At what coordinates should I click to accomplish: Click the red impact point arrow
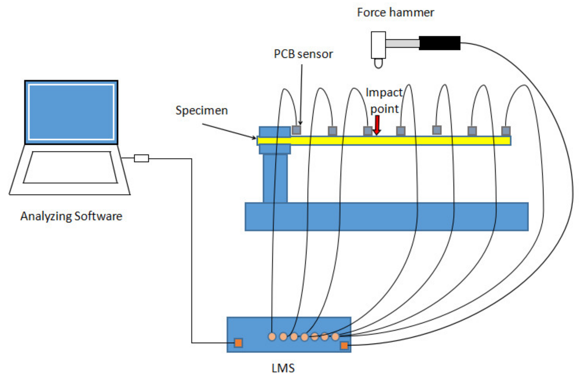[x=377, y=125]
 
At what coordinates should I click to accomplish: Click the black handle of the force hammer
[x=440, y=43]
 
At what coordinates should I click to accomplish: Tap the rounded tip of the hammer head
[x=378, y=63]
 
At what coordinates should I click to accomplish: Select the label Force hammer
[x=395, y=12]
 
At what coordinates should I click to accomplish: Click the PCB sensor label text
[x=303, y=54]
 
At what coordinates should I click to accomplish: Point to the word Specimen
[x=201, y=110]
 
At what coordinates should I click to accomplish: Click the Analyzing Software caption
[x=71, y=216]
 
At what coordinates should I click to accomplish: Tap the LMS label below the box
[x=283, y=368]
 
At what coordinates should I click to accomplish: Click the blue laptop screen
[x=71, y=112]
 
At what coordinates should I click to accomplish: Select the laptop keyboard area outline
[x=70, y=167]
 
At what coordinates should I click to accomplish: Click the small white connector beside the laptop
[x=141, y=158]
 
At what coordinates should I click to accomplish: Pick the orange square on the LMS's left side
[x=238, y=343]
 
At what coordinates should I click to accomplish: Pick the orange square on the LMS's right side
[x=344, y=345]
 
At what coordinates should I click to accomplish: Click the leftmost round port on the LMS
[x=272, y=337]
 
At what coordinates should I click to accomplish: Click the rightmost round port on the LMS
[x=335, y=337]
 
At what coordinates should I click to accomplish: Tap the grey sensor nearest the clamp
[x=296, y=130]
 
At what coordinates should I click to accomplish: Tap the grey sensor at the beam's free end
[x=506, y=131]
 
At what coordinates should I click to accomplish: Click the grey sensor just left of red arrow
[x=368, y=131]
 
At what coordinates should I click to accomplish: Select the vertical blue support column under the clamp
[x=275, y=178]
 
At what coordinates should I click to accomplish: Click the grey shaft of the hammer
[x=402, y=43]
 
